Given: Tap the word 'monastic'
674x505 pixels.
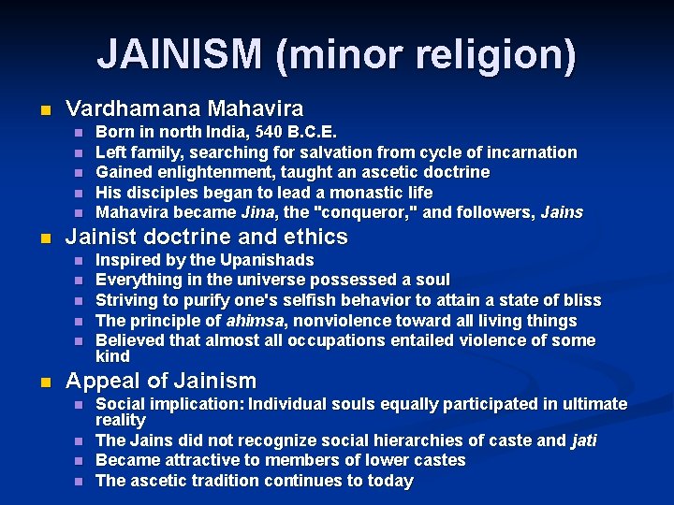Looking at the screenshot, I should coord(344,193).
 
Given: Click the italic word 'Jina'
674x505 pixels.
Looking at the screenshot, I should coord(258,212).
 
